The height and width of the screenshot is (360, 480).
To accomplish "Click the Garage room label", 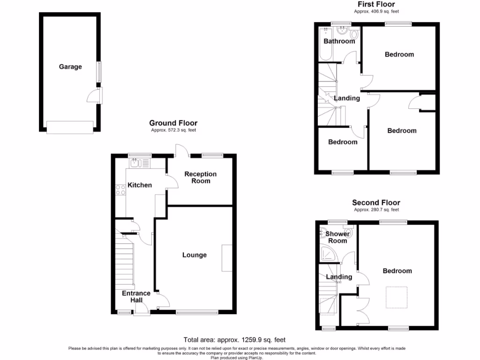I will [70, 67].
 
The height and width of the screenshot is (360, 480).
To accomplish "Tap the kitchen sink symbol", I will [136, 163].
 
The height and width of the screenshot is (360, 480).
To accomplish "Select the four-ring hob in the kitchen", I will [120, 190].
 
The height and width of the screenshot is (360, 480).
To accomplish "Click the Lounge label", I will [195, 255].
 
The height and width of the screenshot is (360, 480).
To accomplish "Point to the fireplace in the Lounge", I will [227, 258].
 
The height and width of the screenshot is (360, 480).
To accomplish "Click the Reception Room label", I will [201, 177].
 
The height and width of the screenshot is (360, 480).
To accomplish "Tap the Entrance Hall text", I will [136, 297].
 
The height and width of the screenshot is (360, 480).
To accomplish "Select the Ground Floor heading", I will [173, 123].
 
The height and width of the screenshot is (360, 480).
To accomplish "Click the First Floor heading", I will [377, 4].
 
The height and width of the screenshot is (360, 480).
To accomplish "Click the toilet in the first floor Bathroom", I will [354, 35].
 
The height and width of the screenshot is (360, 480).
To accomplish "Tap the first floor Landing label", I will [347, 98].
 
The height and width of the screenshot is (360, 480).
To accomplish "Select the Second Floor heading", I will [376, 202].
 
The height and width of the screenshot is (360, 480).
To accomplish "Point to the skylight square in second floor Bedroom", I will [396, 297].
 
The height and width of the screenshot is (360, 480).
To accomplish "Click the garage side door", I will [95, 97].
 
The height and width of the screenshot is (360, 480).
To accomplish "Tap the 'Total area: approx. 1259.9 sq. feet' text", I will [234, 340].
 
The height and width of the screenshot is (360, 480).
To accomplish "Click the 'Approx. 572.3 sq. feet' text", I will [173, 130].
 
